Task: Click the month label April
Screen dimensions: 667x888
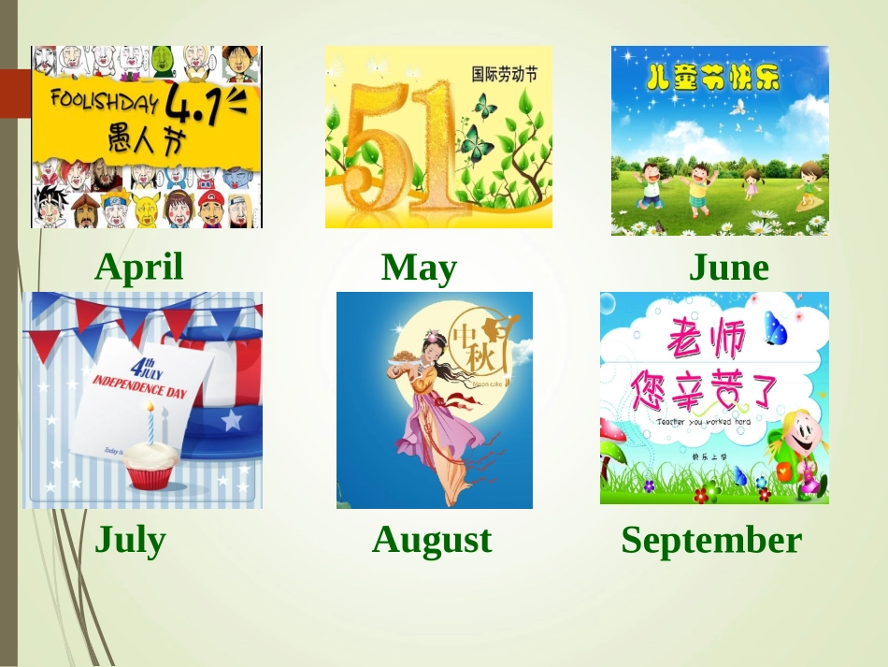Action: click(x=139, y=268)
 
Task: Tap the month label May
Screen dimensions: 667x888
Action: click(x=419, y=269)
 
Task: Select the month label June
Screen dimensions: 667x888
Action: click(x=728, y=269)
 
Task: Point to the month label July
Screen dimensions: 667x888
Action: click(x=130, y=541)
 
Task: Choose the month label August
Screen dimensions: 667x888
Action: click(x=431, y=541)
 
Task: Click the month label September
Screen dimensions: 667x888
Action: click(x=711, y=541)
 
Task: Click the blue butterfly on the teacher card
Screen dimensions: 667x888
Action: click(x=775, y=329)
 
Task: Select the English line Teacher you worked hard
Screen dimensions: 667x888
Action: click(x=703, y=422)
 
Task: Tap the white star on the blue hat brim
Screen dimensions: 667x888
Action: click(x=231, y=421)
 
